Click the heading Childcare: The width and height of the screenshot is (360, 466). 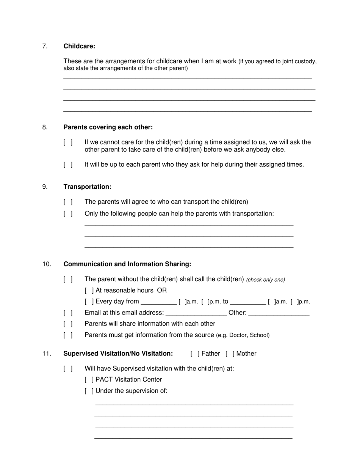[x=79, y=46]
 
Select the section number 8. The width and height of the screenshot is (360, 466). [x=45, y=127]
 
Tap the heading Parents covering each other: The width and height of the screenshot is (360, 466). [x=108, y=127]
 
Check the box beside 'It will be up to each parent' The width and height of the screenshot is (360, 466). [x=68, y=165]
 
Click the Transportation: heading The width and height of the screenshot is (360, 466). [x=87, y=187]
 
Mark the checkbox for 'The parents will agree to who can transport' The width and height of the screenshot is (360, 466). [x=68, y=202]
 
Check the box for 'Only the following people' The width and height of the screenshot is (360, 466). [x=68, y=214]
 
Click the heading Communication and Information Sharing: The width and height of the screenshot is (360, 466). [x=127, y=264]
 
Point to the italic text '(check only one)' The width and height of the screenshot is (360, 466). [x=265, y=280]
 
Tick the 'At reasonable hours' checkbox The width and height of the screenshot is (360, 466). [x=89, y=291]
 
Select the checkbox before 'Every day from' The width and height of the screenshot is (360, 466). [x=89, y=302]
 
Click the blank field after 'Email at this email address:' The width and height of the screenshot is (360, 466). [x=196, y=313]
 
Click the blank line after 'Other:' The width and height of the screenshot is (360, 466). [x=279, y=313]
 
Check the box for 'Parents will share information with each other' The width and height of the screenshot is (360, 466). [x=68, y=324]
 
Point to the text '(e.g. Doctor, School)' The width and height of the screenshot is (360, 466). [x=243, y=335]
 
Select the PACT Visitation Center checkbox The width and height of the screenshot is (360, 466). [x=89, y=380]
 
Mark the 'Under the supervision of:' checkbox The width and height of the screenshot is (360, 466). [x=89, y=391]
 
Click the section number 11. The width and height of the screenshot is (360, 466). [x=47, y=354]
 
